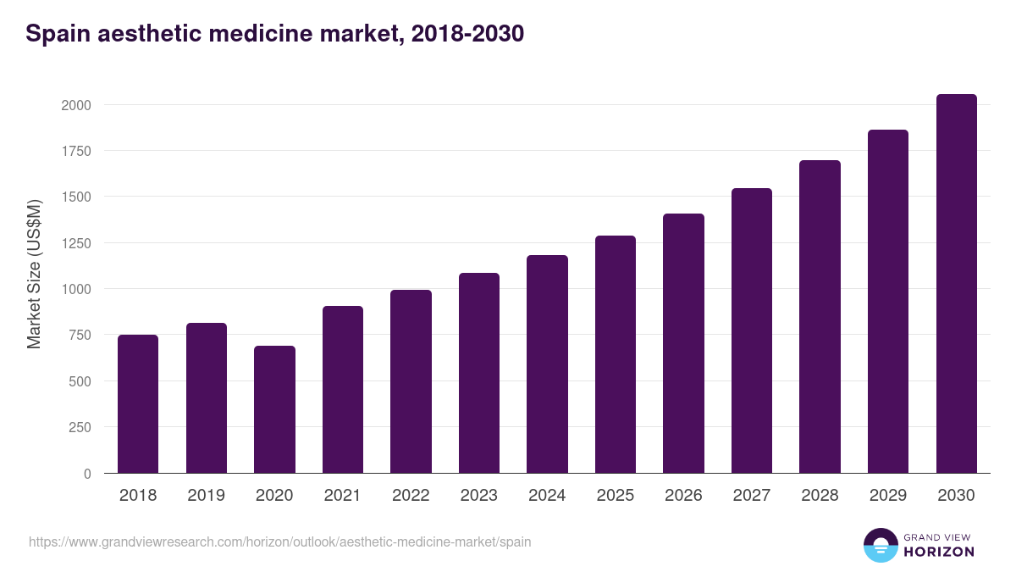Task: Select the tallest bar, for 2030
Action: click(x=956, y=284)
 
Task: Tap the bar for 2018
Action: click(x=138, y=404)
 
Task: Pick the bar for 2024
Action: click(x=547, y=364)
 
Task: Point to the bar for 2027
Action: click(x=752, y=330)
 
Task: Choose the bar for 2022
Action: click(x=411, y=381)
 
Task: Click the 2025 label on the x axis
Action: click(x=616, y=496)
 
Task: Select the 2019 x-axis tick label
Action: click(x=207, y=496)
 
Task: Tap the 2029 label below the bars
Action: click(x=888, y=496)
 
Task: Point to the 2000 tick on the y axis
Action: click(x=75, y=105)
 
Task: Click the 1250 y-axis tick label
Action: click(x=75, y=243)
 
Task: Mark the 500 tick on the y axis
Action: click(x=80, y=381)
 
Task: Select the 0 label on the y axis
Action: click(x=87, y=474)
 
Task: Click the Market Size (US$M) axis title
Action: click(x=34, y=273)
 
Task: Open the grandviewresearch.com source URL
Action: click(x=279, y=541)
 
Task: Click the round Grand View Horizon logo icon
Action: click(x=880, y=545)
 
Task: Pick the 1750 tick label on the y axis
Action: click(x=75, y=151)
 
